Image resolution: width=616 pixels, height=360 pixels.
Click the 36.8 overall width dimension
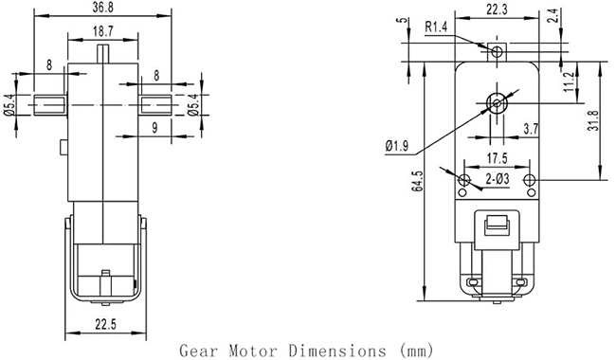click(103, 9)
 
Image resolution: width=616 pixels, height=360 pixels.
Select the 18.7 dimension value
click(103, 31)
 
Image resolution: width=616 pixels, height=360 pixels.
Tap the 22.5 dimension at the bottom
click(106, 325)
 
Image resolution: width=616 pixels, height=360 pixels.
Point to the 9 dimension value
click(154, 128)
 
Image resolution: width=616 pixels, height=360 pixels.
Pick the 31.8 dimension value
click(593, 120)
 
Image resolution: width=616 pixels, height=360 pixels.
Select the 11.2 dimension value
click(569, 82)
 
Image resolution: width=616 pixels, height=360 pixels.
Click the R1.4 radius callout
click(436, 27)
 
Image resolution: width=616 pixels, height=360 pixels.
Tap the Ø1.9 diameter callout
click(397, 146)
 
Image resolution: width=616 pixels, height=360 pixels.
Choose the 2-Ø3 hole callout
click(497, 179)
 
